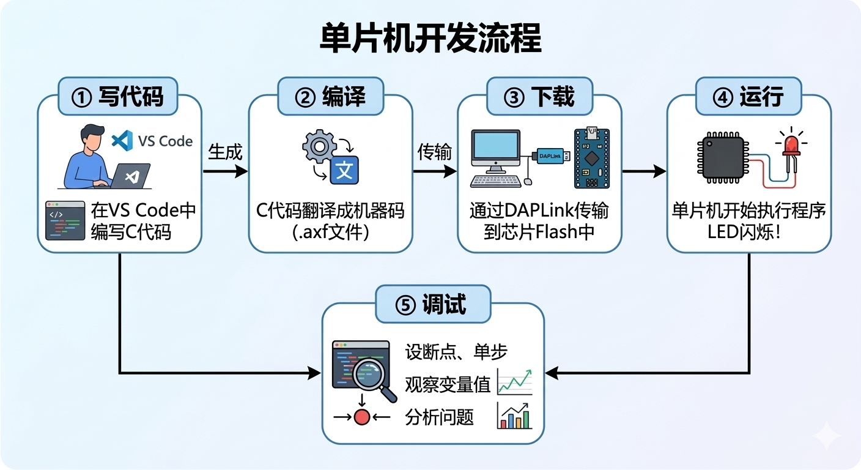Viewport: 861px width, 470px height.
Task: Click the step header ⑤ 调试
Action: tap(432, 304)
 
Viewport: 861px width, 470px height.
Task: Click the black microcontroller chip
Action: tap(722, 157)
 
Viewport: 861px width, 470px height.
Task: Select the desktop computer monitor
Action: tap(495, 151)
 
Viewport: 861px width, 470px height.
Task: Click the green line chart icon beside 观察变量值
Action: tap(514, 382)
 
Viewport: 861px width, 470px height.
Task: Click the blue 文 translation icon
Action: tap(344, 170)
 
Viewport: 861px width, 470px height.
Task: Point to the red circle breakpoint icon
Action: tap(362, 418)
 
